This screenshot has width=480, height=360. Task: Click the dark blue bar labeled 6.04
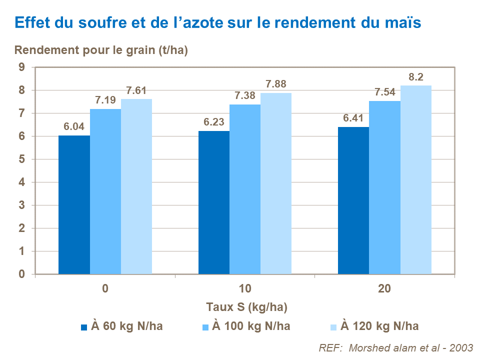pos(74,205)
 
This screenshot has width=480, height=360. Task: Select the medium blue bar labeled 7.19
pos(105,191)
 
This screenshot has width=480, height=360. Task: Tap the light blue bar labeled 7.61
pos(136,186)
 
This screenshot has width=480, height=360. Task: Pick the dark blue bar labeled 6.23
pos(214,202)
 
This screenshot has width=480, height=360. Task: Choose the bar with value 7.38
pos(245,189)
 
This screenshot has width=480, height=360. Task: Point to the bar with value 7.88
pos(276,183)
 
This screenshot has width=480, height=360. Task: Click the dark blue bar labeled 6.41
pos(353,200)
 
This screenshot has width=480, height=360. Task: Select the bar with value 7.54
pos(384,187)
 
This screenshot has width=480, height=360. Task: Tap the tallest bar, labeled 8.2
pos(416,180)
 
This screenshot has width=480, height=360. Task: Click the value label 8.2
pos(416,77)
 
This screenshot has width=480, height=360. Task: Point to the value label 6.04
pos(74,127)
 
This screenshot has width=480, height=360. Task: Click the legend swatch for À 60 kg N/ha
pos(84,327)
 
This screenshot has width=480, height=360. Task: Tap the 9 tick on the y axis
pos(21,67)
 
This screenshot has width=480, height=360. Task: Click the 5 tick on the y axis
pos(21,159)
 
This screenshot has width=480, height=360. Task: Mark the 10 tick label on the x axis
pos(245,289)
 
